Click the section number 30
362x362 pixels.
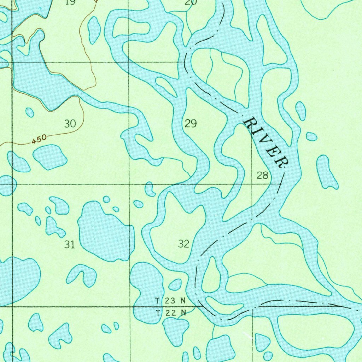(x=70, y=124)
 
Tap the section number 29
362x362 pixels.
(x=191, y=123)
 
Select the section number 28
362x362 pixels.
(x=262, y=175)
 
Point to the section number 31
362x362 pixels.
(x=70, y=244)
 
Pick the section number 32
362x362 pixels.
(x=184, y=244)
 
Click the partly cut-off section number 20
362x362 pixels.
(x=191, y=2)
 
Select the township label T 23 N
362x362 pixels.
(x=170, y=301)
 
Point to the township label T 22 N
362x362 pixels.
(x=170, y=313)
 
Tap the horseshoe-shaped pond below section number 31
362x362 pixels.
(x=83, y=275)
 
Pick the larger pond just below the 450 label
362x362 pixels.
(x=49, y=157)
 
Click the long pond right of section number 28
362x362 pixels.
(x=326, y=172)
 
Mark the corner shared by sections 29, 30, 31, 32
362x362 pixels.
(x=129, y=184)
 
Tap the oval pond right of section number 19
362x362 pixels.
(x=94, y=30)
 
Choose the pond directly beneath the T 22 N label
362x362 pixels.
(x=176, y=331)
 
